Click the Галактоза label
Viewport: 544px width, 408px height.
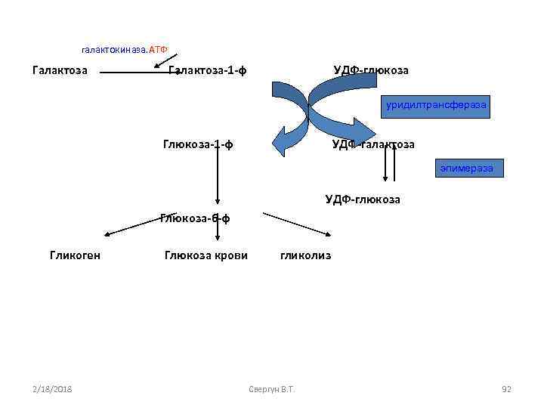60,70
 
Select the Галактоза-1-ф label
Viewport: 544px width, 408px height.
207,70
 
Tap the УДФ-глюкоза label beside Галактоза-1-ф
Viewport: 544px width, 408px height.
371,70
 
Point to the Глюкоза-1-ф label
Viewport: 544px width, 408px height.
197,144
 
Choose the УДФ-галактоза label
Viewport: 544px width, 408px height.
372,144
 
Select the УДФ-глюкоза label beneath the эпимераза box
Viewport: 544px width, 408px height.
363,199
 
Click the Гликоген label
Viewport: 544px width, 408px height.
75,255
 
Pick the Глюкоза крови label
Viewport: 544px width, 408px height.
206,255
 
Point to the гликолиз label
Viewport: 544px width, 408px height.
305,255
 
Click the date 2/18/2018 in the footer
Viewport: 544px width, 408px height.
52,389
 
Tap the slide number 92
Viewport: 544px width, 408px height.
506,389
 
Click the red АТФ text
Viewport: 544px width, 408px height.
158,49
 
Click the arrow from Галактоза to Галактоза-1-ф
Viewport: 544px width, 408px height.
136,73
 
